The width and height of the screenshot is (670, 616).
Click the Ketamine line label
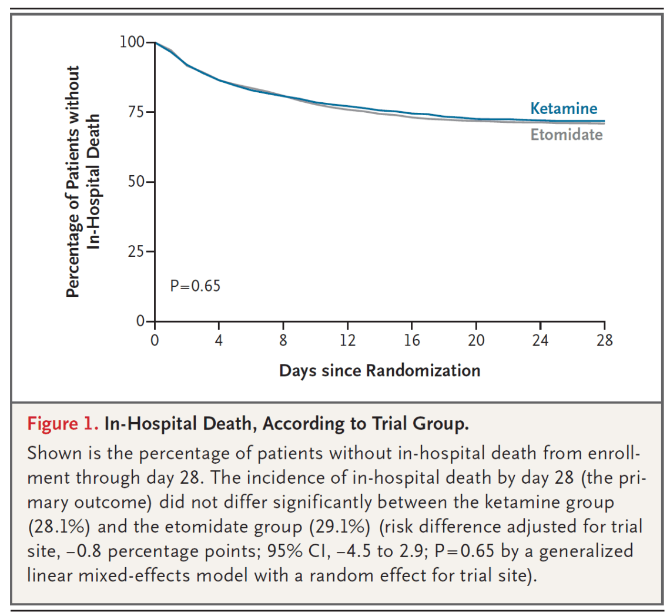[x=563, y=108]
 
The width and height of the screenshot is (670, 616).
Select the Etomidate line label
[x=566, y=134]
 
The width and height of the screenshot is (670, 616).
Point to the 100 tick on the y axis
[x=132, y=42]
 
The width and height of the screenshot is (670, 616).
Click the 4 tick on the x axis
[x=219, y=341]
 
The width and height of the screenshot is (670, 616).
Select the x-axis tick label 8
[x=283, y=341]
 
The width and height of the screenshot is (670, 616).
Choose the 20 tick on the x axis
[x=477, y=341]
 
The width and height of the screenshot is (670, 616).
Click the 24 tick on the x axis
[x=541, y=341]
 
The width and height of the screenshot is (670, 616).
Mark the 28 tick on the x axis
[x=605, y=341]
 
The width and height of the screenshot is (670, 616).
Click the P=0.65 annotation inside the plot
[x=195, y=286]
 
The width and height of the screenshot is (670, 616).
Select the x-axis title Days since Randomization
[x=379, y=370]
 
